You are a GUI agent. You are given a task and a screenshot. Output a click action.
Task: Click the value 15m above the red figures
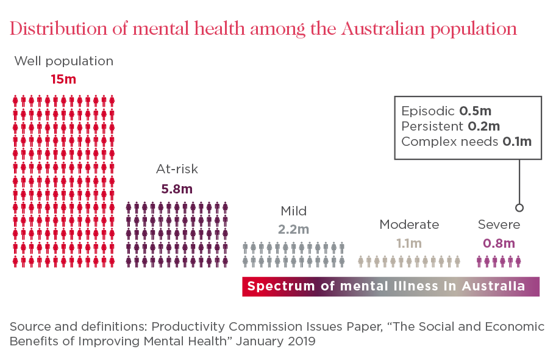[63, 79]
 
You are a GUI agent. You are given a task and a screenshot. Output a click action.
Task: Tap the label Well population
[63, 62]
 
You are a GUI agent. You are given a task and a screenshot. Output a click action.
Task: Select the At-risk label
[177, 170]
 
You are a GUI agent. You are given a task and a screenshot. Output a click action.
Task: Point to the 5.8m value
[177, 189]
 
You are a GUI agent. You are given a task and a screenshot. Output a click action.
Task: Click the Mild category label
[293, 211]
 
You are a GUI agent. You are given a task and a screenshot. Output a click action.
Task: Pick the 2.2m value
[293, 230]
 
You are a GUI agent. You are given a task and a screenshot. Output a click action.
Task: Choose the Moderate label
[408, 225]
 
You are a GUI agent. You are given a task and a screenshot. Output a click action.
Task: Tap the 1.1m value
[408, 243]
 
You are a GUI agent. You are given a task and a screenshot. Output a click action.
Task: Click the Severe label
[499, 225]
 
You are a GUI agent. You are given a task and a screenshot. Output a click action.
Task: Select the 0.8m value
[499, 243]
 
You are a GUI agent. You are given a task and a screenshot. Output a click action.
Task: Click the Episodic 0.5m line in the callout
[446, 111]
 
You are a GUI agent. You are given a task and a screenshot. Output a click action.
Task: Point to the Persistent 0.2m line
[451, 126]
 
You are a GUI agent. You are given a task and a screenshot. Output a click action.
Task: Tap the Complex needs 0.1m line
[466, 142]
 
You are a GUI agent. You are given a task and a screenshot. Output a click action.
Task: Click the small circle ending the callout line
[519, 207]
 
